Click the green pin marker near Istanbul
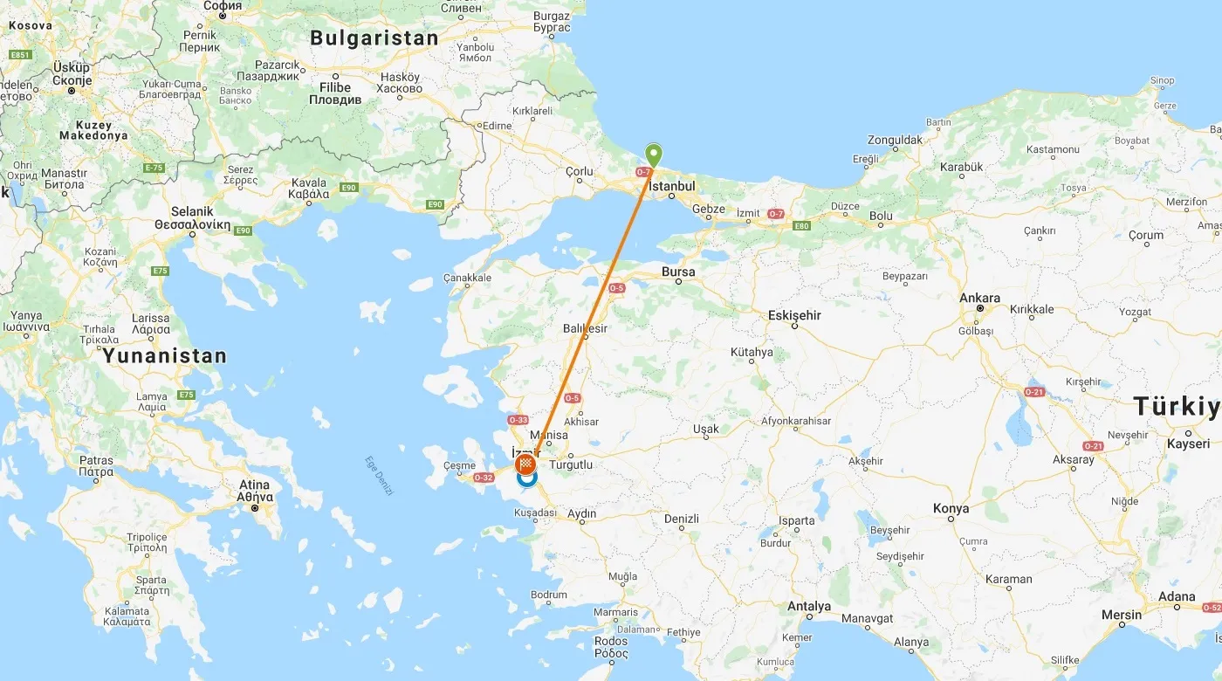pyautogui.click(x=653, y=155)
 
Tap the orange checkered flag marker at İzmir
pyautogui.click(x=526, y=463)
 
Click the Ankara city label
pyautogui.click(x=979, y=298)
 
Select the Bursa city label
pyautogui.click(x=678, y=272)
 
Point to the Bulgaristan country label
pyautogui.click(x=374, y=38)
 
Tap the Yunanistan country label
pyautogui.click(x=164, y=356)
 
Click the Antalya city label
pyautogui.click(x=808, y=606)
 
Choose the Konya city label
pyautogui.click(x=951, y=508)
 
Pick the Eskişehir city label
pyautogui.click(x=794, y=315)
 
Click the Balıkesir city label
pyautogui.click(x=585, y=328)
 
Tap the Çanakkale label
pyautogui.click(x=468, y=278)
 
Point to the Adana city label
pyautogui.click(x=1177, y=597)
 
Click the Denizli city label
pyautogui.click(x=682, y=519)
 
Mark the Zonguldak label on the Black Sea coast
pyautogui.click(x=895, y=140)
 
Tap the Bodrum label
pyautogui.click(x=548, y=595)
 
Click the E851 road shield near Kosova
pyautogui.click(x=19, y=54)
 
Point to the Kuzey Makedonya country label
pyautogui.click(x=93, y=130)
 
